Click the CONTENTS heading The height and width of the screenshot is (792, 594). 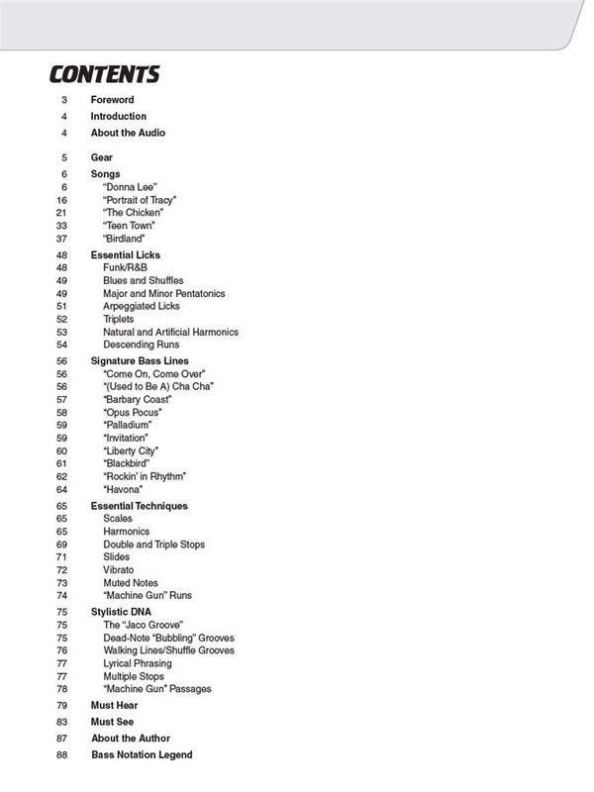(104, 75)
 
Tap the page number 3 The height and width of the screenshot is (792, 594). (64, 101)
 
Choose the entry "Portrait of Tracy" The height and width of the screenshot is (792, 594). (139, 200)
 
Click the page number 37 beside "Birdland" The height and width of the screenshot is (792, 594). (61, 239)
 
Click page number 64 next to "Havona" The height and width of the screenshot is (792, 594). (61, 490)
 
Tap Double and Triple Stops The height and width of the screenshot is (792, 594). (154, 544)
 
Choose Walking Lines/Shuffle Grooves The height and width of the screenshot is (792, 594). (168, 651)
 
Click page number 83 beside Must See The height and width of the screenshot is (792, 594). (61, 722)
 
